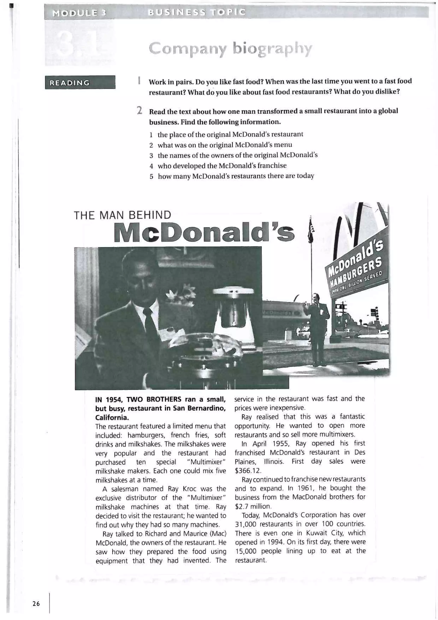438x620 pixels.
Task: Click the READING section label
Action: [x=70, y=83]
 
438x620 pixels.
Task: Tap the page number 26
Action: [x=36, y=604]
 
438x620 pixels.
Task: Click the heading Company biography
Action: [x=230, y=49]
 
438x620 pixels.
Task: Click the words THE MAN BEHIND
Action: [x=123, y=215]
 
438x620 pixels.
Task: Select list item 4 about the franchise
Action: [x=222, y=165]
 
